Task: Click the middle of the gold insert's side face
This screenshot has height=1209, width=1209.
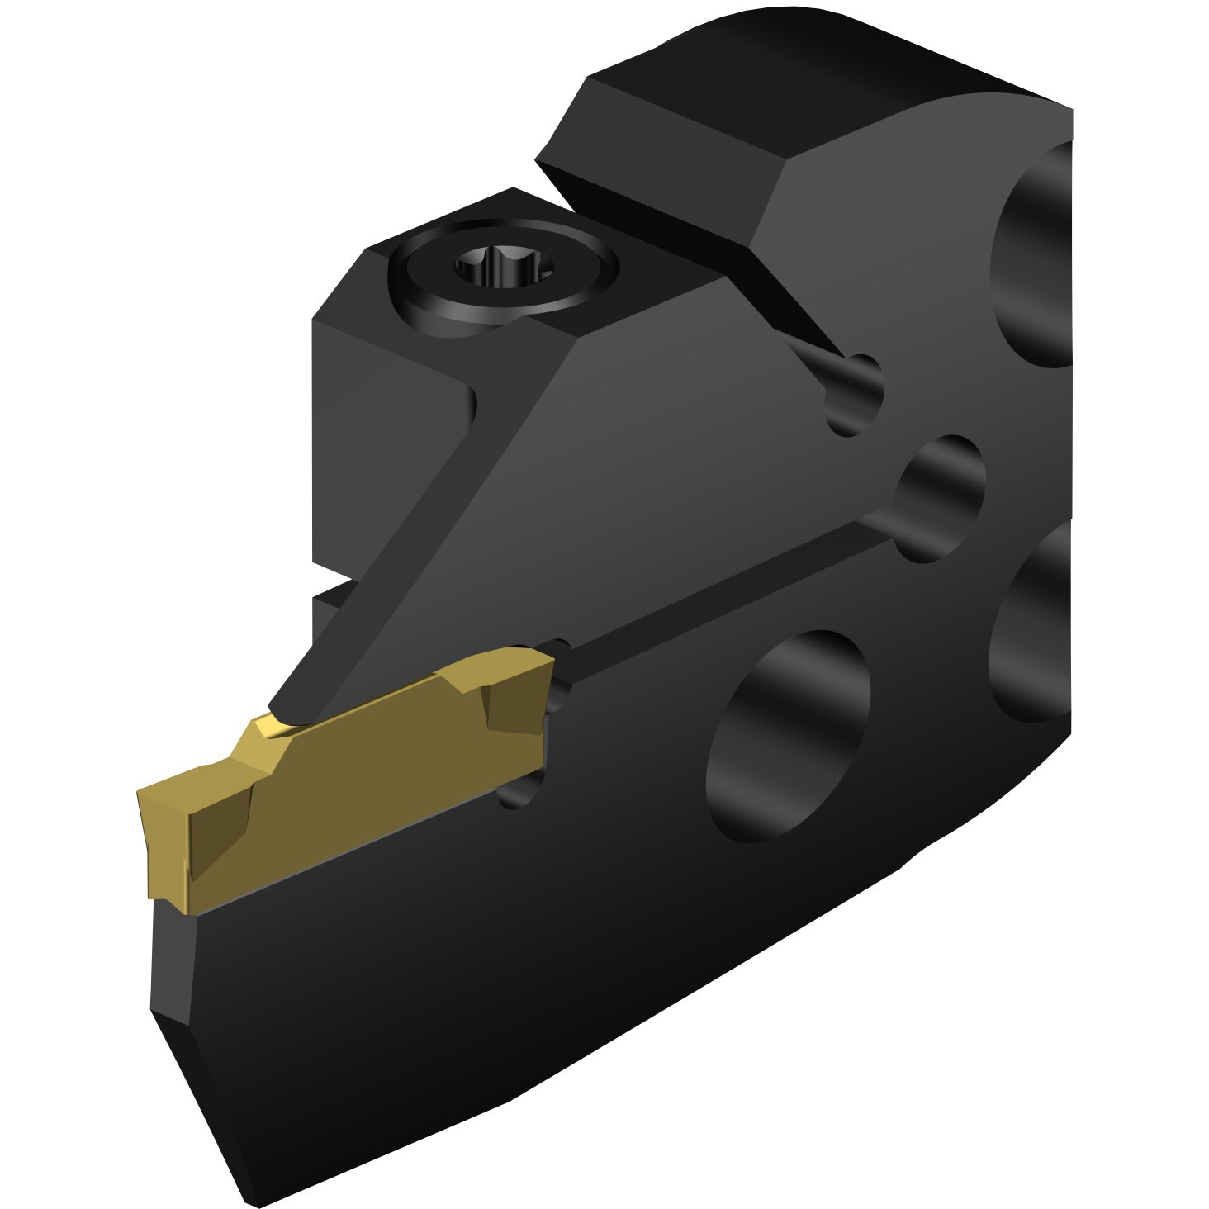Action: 372,768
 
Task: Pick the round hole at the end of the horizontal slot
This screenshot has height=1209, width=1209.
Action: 941,495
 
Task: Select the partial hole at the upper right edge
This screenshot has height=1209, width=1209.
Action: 1032,256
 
